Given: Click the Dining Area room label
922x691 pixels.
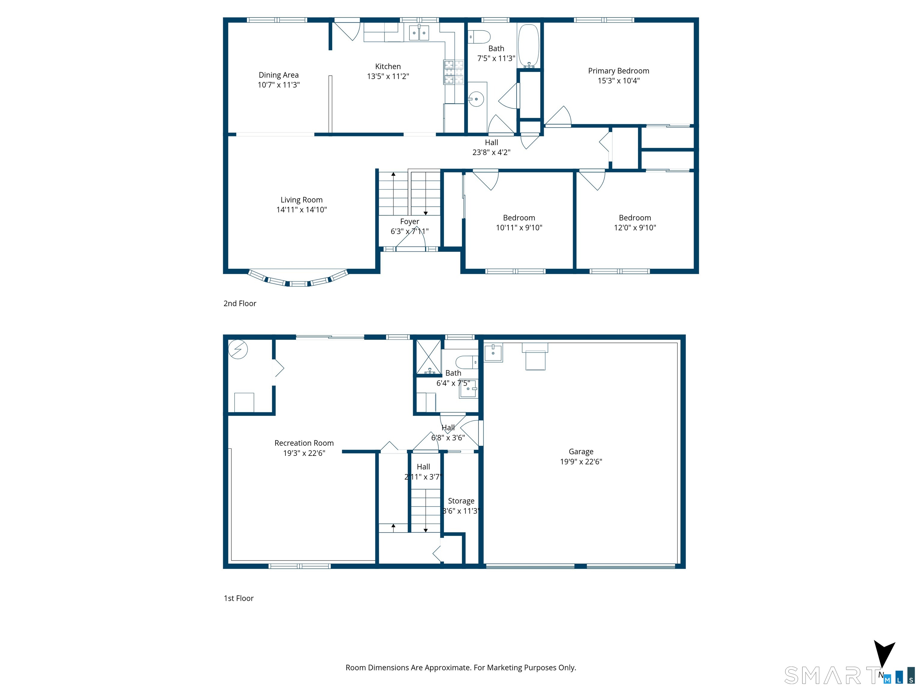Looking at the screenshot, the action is coord(279,75).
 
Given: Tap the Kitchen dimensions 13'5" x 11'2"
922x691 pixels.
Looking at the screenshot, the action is coord(388,76).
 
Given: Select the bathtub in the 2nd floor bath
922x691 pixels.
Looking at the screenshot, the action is coord(529,45).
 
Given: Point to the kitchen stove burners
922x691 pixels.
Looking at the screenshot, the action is coord(453,72).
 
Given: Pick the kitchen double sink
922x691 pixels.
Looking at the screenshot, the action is coord(419,32).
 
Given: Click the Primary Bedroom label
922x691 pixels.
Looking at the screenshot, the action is coord(619,71).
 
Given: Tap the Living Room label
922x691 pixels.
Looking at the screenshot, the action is coord(301,200).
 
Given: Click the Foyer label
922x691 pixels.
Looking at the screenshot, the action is coord(409,222).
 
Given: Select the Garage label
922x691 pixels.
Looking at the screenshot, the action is coord(581,451).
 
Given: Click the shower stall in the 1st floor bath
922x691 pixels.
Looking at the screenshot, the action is coord(429,357).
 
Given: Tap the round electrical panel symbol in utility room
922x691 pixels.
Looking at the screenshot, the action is coord(238,349).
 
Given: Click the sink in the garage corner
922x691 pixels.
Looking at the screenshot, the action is coord(493,352).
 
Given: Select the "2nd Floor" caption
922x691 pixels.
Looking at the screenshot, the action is coord(240,304).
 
